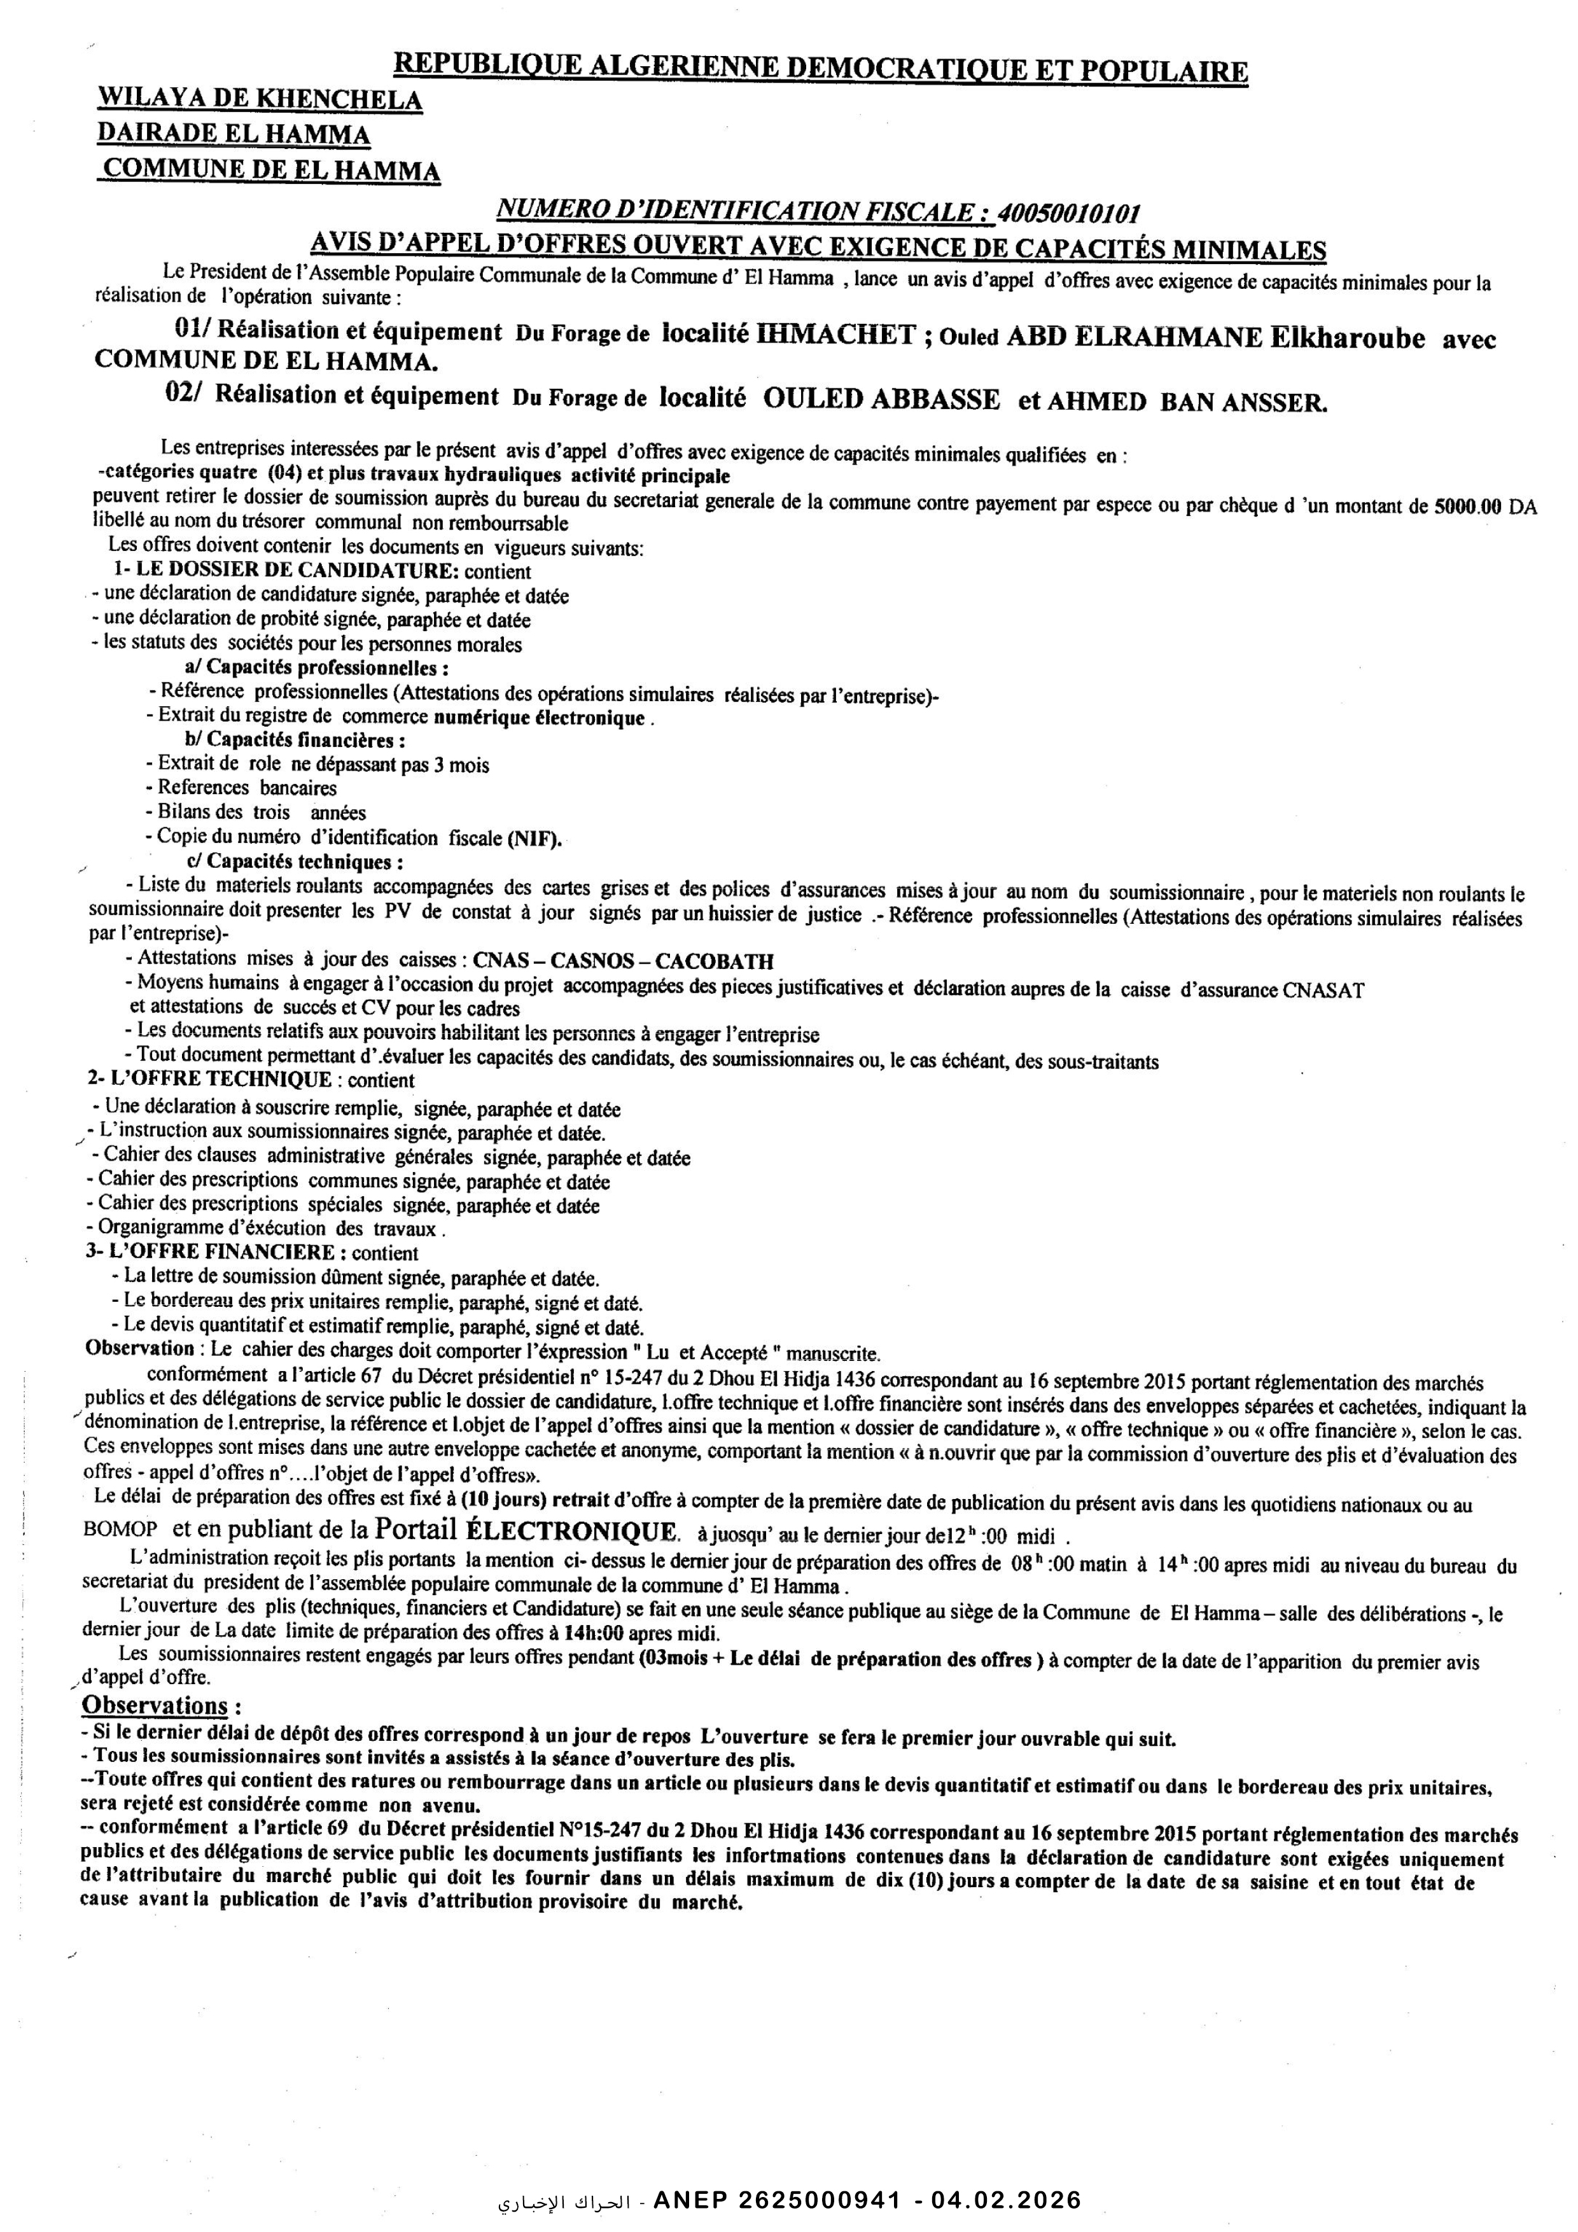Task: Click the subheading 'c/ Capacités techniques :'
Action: pyautogui.click(x=295, y=861)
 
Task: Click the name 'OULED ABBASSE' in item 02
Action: pyautogui.click(x=882, y=400)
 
